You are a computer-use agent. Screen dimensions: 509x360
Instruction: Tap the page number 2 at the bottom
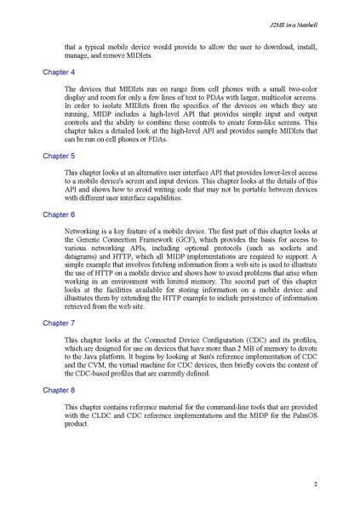[x=315, y=484]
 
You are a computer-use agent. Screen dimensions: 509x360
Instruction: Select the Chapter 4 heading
[x=59, y=72]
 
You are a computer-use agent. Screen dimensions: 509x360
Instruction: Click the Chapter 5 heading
[x=59, y=157]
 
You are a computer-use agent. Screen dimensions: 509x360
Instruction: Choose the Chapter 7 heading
[x=59, y=323]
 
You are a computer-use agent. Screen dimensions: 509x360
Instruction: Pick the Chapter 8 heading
[x=59, y=389]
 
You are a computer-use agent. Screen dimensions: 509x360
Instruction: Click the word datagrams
[x=82, y=258]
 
